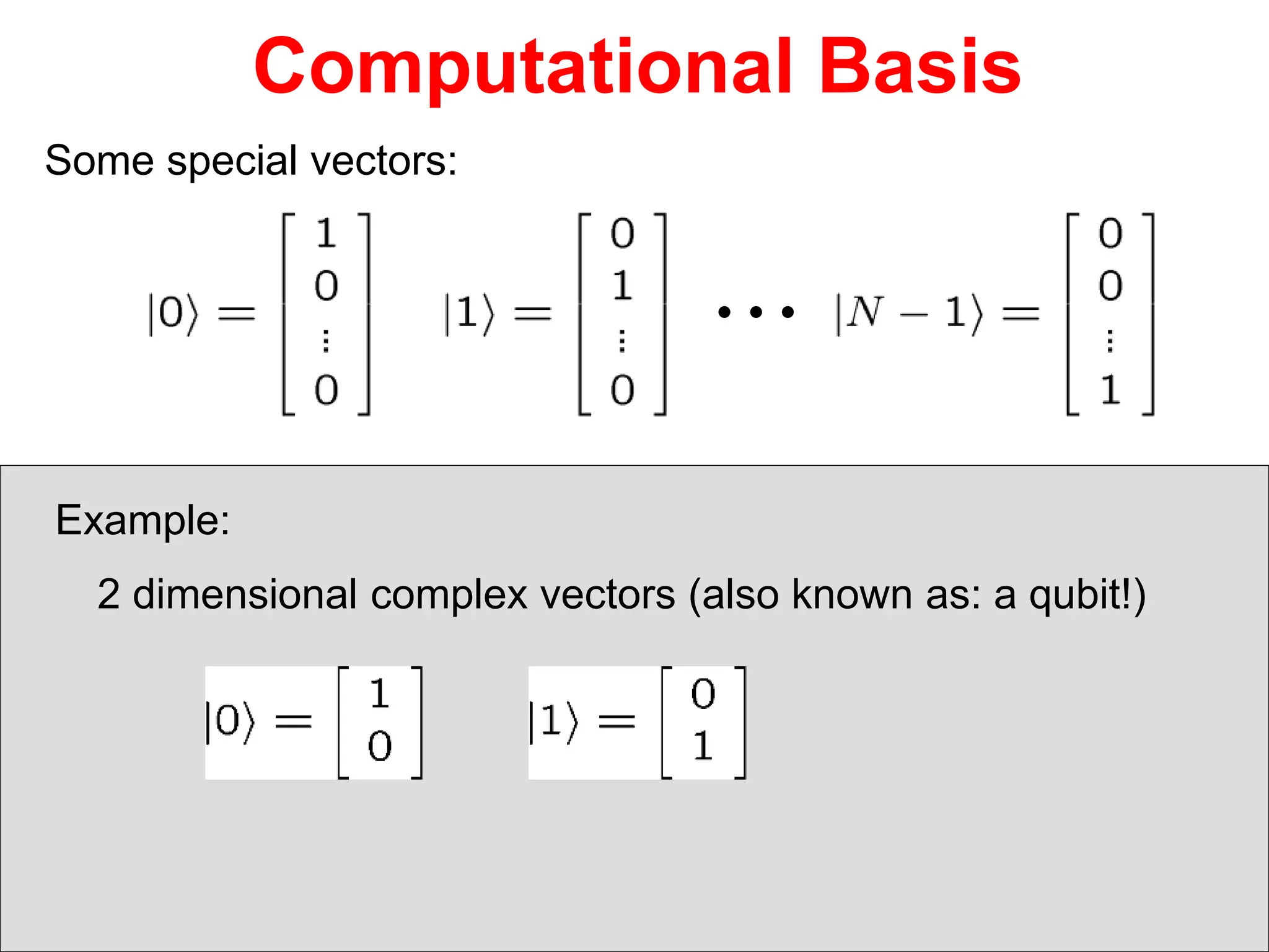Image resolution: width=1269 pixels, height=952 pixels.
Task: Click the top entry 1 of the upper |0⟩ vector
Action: pos(326,234)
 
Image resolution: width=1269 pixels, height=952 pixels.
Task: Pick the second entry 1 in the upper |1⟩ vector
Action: pos(622,286)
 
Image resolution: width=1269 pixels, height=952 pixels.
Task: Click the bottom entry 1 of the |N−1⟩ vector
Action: pos(1110,390)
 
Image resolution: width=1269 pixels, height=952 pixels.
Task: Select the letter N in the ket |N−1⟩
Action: pos(865,312)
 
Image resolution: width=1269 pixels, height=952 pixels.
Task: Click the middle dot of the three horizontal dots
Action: pos(756,312)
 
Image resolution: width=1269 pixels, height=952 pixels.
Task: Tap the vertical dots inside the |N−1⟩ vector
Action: pos(1110,340)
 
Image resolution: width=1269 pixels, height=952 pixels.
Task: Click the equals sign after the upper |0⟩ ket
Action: pos(237,313)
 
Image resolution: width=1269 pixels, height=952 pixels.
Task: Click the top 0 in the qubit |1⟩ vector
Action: pos(703,694)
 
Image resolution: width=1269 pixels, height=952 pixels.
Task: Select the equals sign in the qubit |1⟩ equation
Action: pos(617,721)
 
